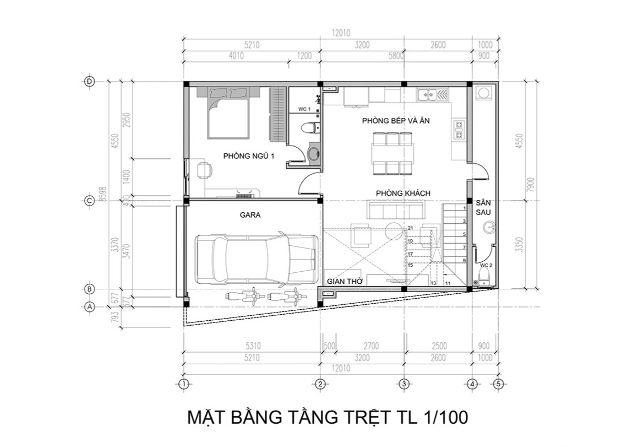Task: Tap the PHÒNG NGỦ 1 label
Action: pos(249,156)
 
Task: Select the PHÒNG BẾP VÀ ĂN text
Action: pos(395,120)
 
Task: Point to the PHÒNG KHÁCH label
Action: pos(403,193)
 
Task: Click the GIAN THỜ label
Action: pos(343,281)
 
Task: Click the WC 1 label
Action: pos(304,110)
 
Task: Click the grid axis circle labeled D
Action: pos(90,81)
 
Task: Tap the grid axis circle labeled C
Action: pos(90,201)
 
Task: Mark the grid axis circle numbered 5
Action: pos(498,384)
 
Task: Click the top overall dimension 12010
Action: pos(341,33)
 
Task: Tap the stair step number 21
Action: pos(411,228)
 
